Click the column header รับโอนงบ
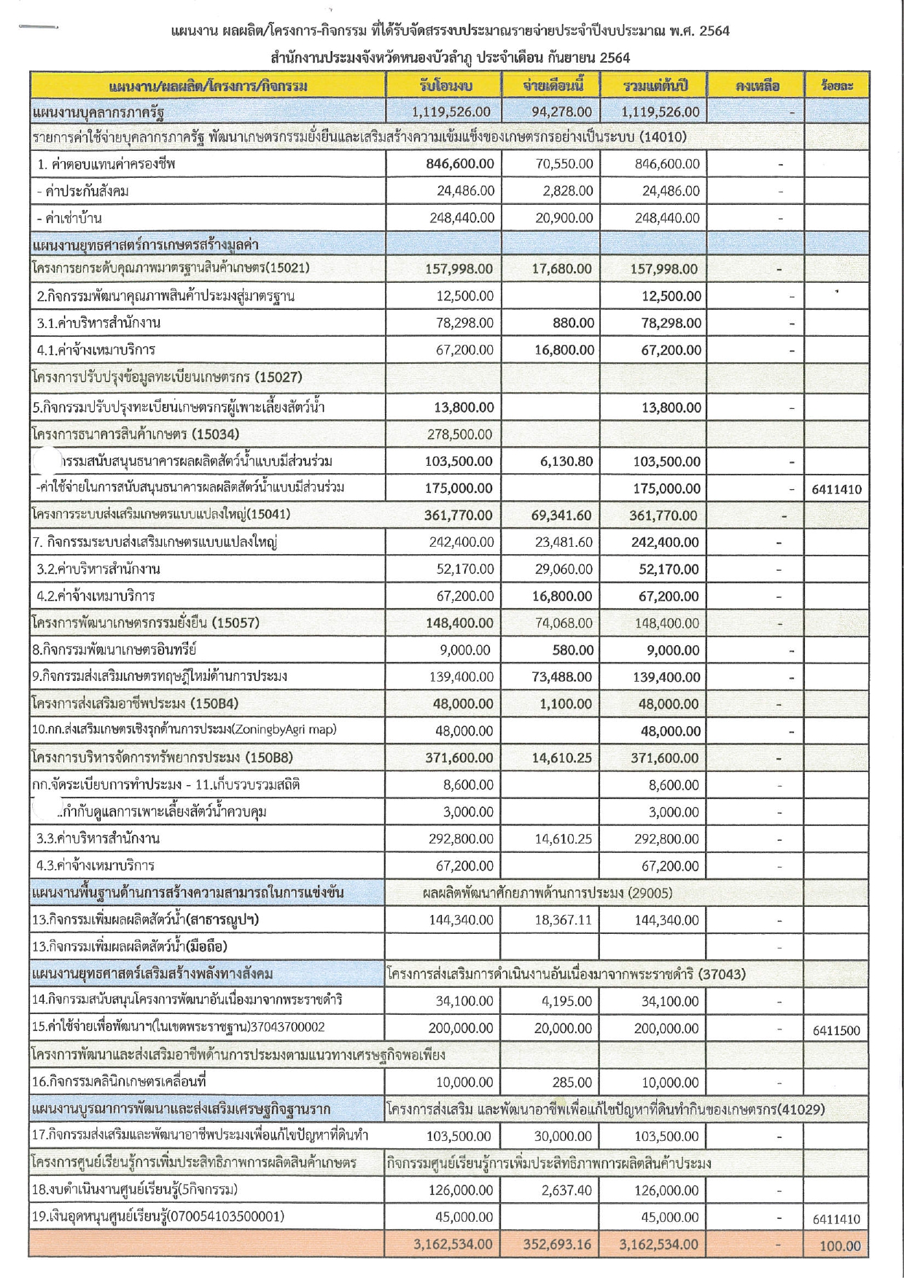(x=445, y=86)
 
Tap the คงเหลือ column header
(x=757, y=86)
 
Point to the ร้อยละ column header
(x=836, y=86)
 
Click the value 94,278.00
(x=562, y=112)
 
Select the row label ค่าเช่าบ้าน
(x=70, y=218)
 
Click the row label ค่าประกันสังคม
(x=81, y=191)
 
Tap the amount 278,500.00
(x=459, y=435)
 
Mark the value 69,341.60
(x=561, y=515)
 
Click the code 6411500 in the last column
(x=835, y=1030)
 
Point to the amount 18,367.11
(x=563, y=920)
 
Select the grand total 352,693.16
(x=557, y=1244)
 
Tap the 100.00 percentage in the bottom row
(x=840, y=1246)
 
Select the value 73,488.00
(x=561, y=677)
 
